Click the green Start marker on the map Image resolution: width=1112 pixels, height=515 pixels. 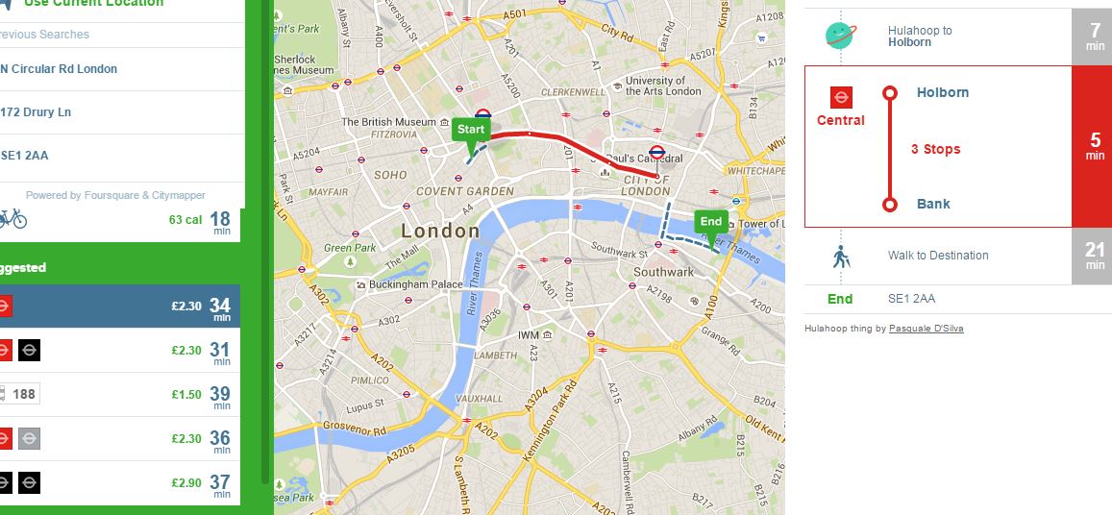[471, 130]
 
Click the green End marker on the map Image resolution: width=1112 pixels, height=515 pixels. [710, 222]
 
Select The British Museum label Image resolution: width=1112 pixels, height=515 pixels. [388, 122]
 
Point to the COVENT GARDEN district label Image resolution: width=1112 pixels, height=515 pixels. [465, 191]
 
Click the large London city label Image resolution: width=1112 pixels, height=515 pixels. [439, 231]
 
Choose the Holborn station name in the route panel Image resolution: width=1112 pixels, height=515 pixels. [942, 92]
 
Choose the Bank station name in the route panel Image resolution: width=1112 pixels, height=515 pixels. [933, 204]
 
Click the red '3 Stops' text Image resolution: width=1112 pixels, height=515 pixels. [935, 149]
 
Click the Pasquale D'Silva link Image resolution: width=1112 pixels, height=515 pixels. [926, 329]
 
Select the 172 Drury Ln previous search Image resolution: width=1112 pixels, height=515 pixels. [36, 112]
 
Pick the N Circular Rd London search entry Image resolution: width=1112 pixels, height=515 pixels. [58, 69]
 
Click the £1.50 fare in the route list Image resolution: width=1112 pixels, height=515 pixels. [185, 395]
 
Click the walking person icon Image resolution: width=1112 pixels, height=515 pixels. [841, 257]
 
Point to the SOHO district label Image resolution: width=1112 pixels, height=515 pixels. [390, 176]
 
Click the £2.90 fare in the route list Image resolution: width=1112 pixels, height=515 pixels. [185, 482]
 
